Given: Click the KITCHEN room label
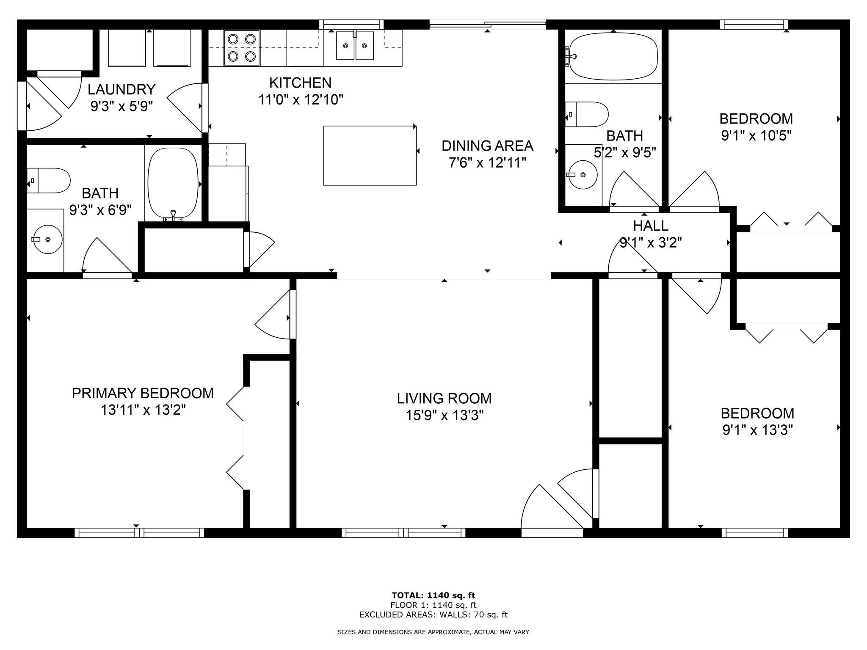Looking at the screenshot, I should point(300,83).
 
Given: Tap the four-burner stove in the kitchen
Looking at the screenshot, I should point(241,48).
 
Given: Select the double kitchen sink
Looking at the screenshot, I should point(355,46).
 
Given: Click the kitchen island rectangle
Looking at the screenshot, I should point(370,155).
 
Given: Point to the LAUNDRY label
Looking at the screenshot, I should point(121,90).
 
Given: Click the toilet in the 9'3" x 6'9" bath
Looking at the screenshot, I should point(48,181).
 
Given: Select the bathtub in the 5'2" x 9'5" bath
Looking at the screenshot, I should point(613,56).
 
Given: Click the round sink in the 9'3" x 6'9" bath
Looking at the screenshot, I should point(47,240).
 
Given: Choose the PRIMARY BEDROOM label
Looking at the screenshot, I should point(143,393).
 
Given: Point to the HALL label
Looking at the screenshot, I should point(651,226).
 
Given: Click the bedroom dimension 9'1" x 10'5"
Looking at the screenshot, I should point(756,136).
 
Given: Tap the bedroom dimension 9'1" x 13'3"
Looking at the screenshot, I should point(757,430).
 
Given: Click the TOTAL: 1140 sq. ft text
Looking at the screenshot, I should point(433,595).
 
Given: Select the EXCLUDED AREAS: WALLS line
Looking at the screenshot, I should point(433,615).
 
